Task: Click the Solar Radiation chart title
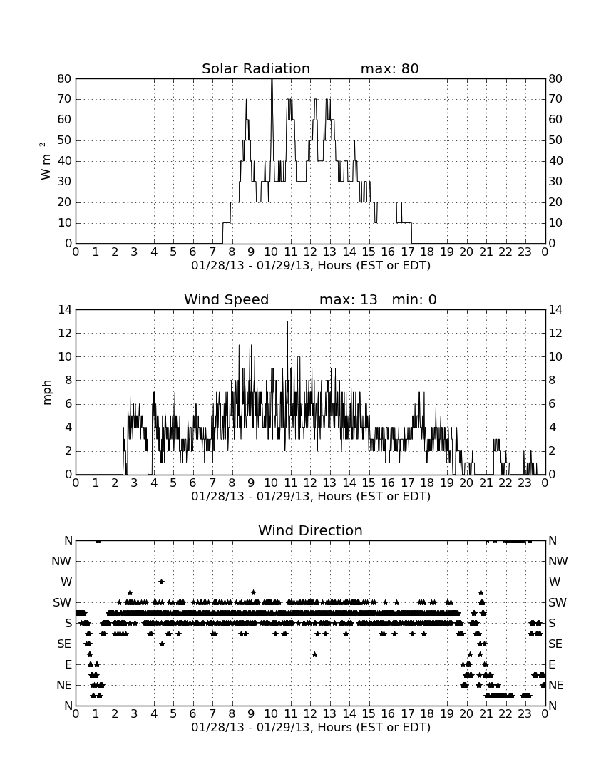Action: point(255,68)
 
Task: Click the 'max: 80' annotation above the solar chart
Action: point(389,68)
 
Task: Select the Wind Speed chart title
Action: point(226,299)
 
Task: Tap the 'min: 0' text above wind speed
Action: point(414,299)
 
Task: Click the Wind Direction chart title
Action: point(310,530)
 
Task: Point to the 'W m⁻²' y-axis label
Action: point(46,161)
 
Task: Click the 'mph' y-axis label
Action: point(47,393)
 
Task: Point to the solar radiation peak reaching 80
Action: point(272,80)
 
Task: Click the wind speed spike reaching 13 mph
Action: point(287,322)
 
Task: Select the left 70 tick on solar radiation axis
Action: point(65,99)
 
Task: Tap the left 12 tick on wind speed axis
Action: point(65,333)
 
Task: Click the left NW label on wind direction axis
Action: point(61,561)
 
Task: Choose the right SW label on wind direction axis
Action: point(558,602)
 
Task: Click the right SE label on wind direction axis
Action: point(555,644)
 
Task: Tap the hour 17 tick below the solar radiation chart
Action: point(408,252)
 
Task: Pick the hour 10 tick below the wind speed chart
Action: point(271,483)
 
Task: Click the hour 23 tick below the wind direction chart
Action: point(525,713)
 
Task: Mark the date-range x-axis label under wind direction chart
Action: point(311,727)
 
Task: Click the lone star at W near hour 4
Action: point(162,582)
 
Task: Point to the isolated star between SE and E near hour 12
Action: point(314,654)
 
